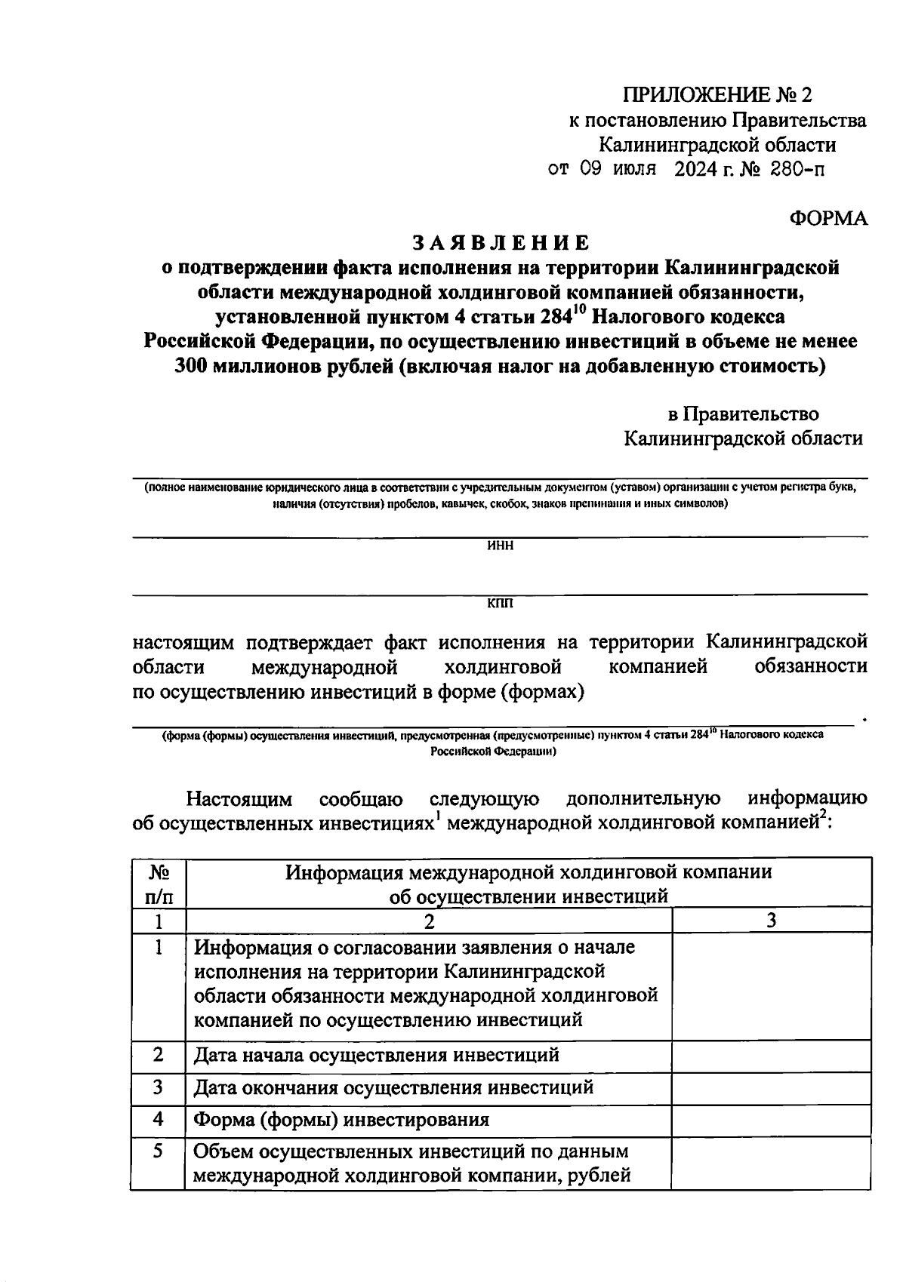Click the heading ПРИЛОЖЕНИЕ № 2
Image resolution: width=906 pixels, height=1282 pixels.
pos(718,95)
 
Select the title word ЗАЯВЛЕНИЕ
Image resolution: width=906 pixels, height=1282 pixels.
pos(500,243)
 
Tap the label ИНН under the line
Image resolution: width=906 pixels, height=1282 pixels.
pos(501,546)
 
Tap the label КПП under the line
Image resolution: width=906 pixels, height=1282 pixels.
pos(500,604)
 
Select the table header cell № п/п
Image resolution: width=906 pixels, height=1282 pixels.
pos(158,884)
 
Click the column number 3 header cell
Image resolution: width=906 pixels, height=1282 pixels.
pos(771,921)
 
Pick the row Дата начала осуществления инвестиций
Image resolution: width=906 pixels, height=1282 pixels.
pos(376,1055)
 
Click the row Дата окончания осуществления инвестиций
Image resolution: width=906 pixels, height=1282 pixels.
pos(393,1087)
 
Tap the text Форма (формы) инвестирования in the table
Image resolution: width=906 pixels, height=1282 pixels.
pos(341,1119)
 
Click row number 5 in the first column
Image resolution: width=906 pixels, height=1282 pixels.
pos(158,1151)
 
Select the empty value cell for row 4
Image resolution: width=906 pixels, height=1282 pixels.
pos(771,1119)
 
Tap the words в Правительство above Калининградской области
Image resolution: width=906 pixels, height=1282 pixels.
pos(743,413)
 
